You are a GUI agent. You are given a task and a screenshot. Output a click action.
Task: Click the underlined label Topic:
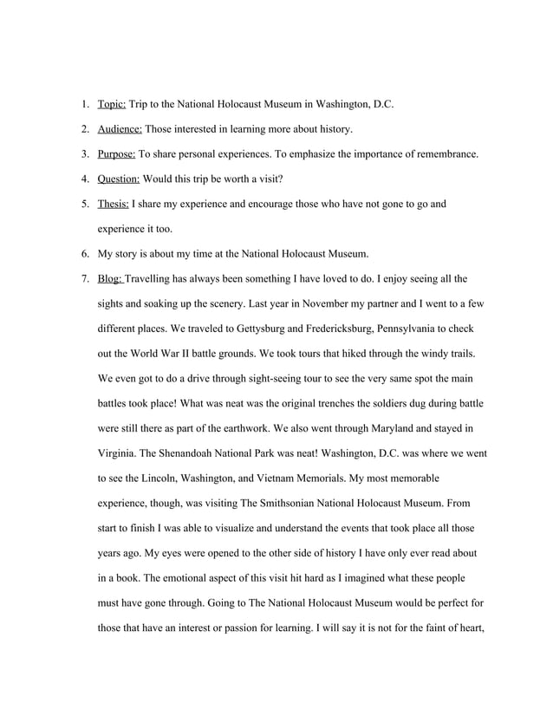tap(112, 105)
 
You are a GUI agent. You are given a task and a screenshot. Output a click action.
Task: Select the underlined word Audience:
tap(120, 130)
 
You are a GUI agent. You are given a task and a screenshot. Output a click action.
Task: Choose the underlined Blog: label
tap(110, 279)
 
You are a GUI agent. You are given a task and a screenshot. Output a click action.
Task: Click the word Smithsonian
tap(273, 503)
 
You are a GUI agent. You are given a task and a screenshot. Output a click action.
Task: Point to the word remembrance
tap(445, 155)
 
